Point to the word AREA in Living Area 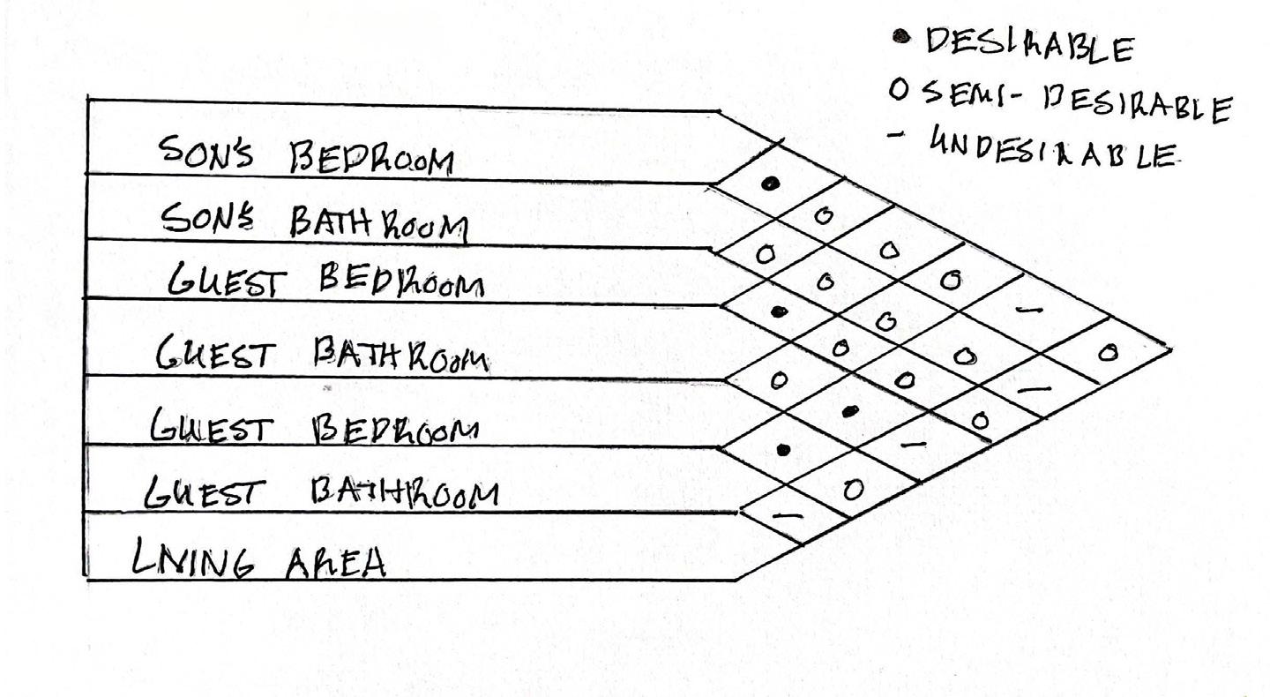(x=336, y=561)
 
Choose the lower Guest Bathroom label (x=322, y=492)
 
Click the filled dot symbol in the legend (x=900, y=36)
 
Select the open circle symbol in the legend (x=898, y=91)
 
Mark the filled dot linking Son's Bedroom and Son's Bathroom (x=771, y=183)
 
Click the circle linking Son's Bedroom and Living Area (x=1109, y=353)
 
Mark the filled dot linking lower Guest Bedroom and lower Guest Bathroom (x=783, y=449)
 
